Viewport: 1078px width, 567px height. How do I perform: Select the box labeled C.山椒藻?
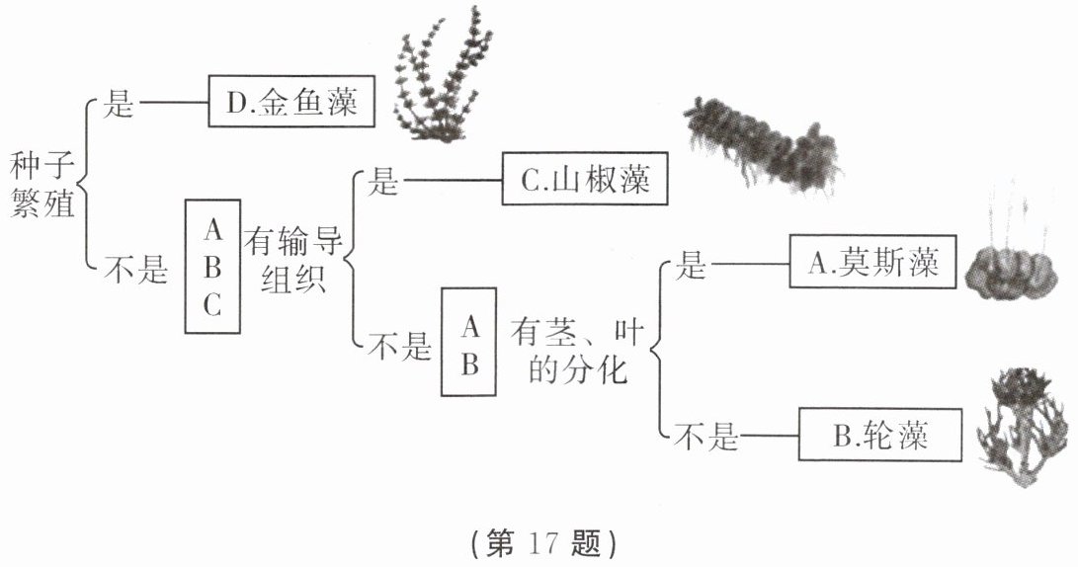pyautogui.click(x=585, y=181)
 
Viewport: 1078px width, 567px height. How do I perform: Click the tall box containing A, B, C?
pyautogui.click(x=213, y=267)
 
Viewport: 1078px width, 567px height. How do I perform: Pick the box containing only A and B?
pyautogui.click(x=470, y=342)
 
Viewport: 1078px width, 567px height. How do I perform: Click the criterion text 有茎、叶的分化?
pyautogui.click(x=577, y=352)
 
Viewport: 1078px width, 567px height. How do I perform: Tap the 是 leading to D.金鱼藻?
pyautogui.click(x=119, y=104)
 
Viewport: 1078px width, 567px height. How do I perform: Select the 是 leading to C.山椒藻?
pyautogui.click(x=381, y=182)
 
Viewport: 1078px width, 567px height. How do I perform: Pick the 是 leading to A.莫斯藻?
pyautogui.click(x=690, y=264)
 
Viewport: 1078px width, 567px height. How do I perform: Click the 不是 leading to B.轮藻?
pyautogui.click(x=705, y=437)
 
